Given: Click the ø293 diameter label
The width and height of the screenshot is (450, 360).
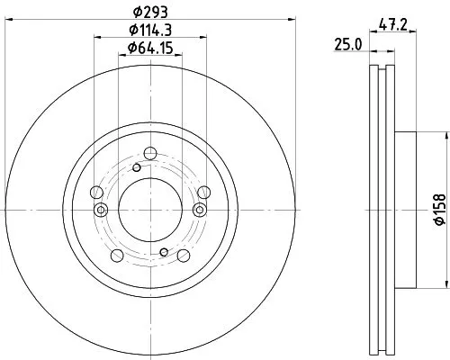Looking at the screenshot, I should [x=150, y=13].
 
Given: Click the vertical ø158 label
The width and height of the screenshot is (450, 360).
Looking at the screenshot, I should [x=439, y=209].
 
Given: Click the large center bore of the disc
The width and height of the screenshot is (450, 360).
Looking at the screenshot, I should [x=150, y=209].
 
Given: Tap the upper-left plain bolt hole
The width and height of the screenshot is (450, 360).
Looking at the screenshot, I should [x=97, y=191].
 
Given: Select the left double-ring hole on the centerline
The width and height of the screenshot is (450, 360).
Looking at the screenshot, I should [x=100, y=210].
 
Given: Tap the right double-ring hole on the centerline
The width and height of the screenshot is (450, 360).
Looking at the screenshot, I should [x=201, y=210].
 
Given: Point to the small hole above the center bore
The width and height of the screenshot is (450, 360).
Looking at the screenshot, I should [x=137, y=167].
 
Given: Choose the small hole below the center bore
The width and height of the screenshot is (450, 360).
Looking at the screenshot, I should [x=163, y=252].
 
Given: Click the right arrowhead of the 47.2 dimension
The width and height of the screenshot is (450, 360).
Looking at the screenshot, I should [x=415, y=33].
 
